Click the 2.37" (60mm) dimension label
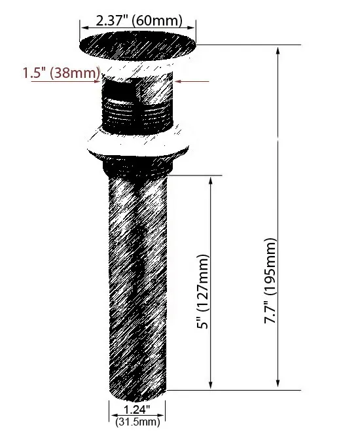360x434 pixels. pos(138,20)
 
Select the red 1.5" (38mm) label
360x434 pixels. pos(60,73)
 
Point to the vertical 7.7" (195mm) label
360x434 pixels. pos(270,281)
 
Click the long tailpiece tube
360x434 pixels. pos(137,275)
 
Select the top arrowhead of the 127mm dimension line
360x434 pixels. pos(211,179)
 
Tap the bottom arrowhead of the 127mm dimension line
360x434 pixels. pos(211,386)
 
